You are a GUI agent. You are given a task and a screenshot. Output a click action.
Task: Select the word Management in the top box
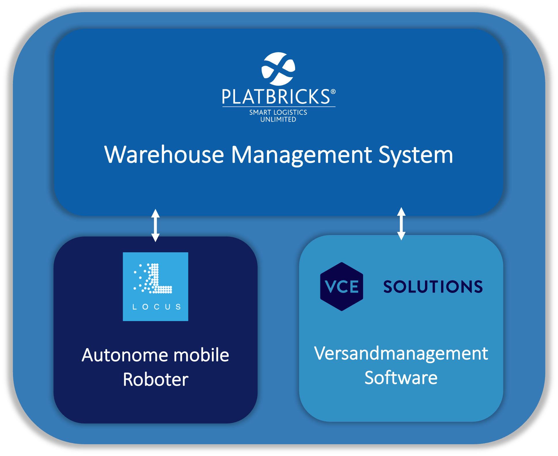[x=301, y=155]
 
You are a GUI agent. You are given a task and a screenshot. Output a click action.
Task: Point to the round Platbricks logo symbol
[x=278, y=69]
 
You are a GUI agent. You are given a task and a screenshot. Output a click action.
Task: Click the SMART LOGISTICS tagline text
[x=278, y=112]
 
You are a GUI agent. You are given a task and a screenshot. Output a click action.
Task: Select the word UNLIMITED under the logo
[x=278, y=119]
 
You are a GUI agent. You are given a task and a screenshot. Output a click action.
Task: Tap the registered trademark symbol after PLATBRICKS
[x=333, y=92]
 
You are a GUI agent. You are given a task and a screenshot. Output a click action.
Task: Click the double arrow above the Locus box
[x=155, y=225]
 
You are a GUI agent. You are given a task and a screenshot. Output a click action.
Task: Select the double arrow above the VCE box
[x=401, y=224]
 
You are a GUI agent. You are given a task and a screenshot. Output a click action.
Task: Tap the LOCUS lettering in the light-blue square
[x=156, y=307]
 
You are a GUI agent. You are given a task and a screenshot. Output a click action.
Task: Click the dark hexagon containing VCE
[x=341, y=287]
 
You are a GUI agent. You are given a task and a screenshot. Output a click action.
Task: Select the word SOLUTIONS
[x=433, y=287]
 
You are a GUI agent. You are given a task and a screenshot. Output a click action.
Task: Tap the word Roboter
[x=155, y=379]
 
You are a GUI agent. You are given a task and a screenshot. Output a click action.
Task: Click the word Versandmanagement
[x=401, y=353]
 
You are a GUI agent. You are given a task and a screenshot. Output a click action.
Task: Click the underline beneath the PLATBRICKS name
[x=279, y=107]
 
